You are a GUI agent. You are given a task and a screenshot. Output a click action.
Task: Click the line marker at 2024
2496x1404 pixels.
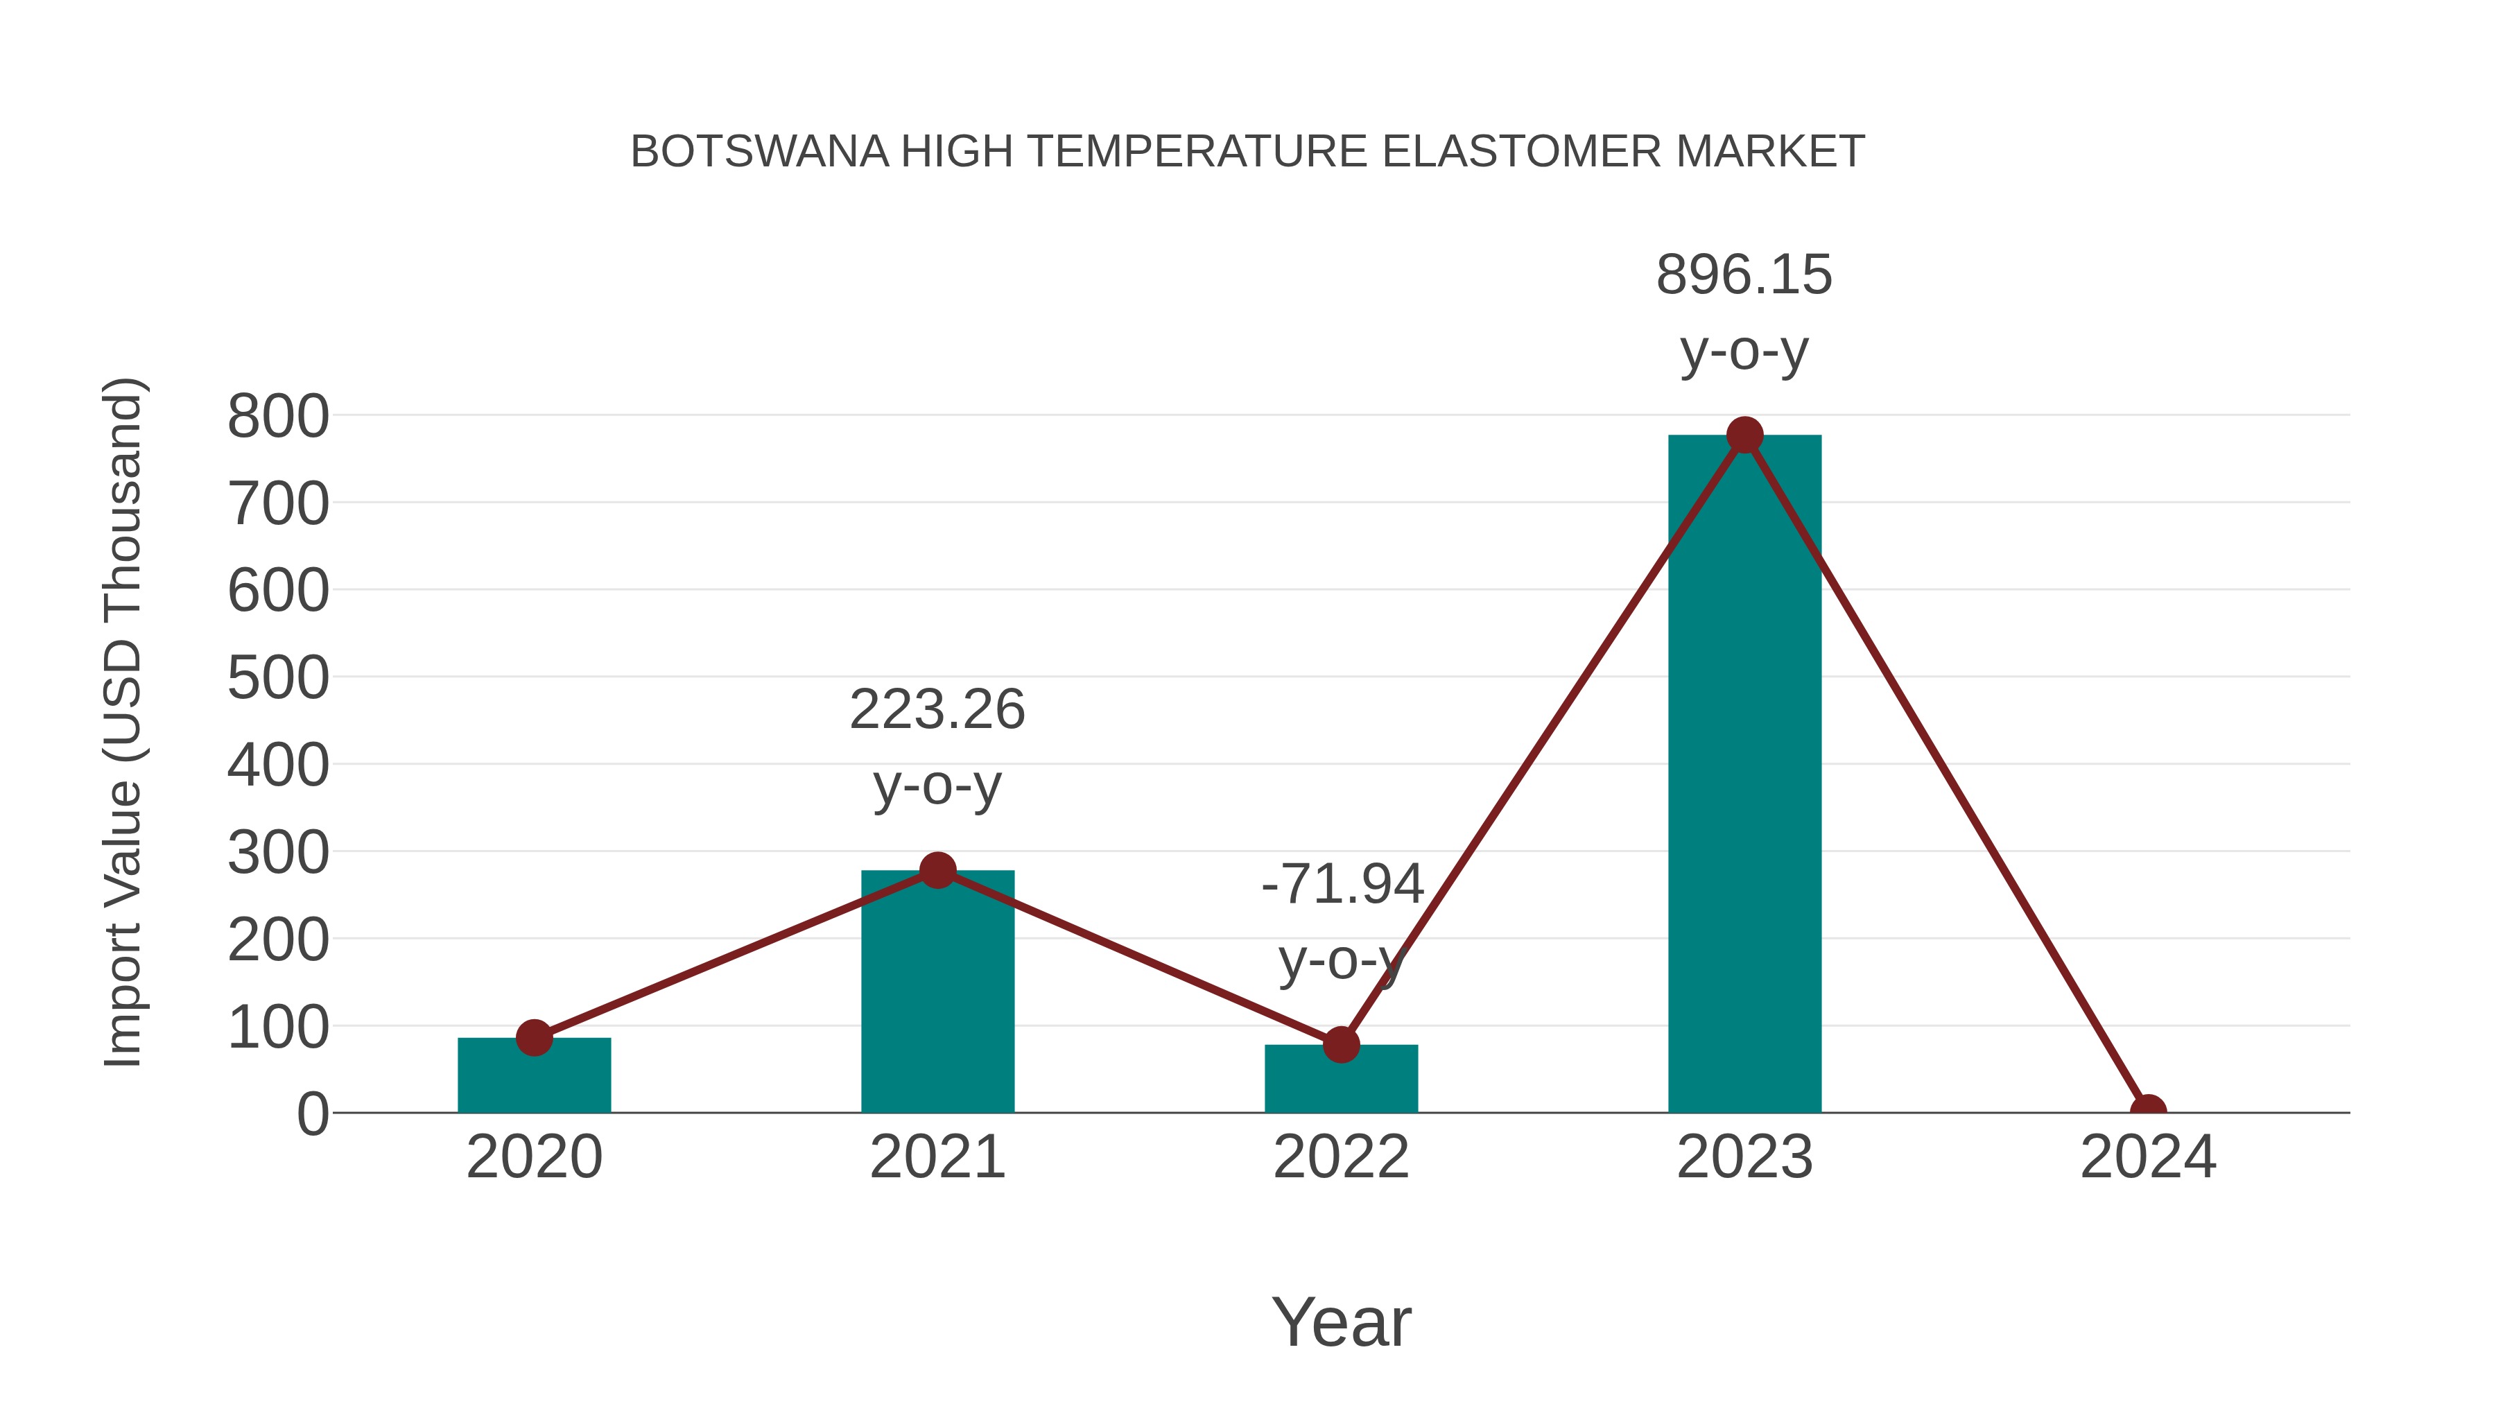(x=2148, y=1111)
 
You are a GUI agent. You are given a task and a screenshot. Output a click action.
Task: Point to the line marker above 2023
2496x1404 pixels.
(x=1744, y=435)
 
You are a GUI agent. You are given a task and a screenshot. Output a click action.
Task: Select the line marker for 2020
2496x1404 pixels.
(x=534, y=1038)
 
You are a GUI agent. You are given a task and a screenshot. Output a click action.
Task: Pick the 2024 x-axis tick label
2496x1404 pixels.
(x=2148, y=1157)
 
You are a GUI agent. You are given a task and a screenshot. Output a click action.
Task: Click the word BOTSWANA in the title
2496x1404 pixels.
(x=759, y=152)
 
